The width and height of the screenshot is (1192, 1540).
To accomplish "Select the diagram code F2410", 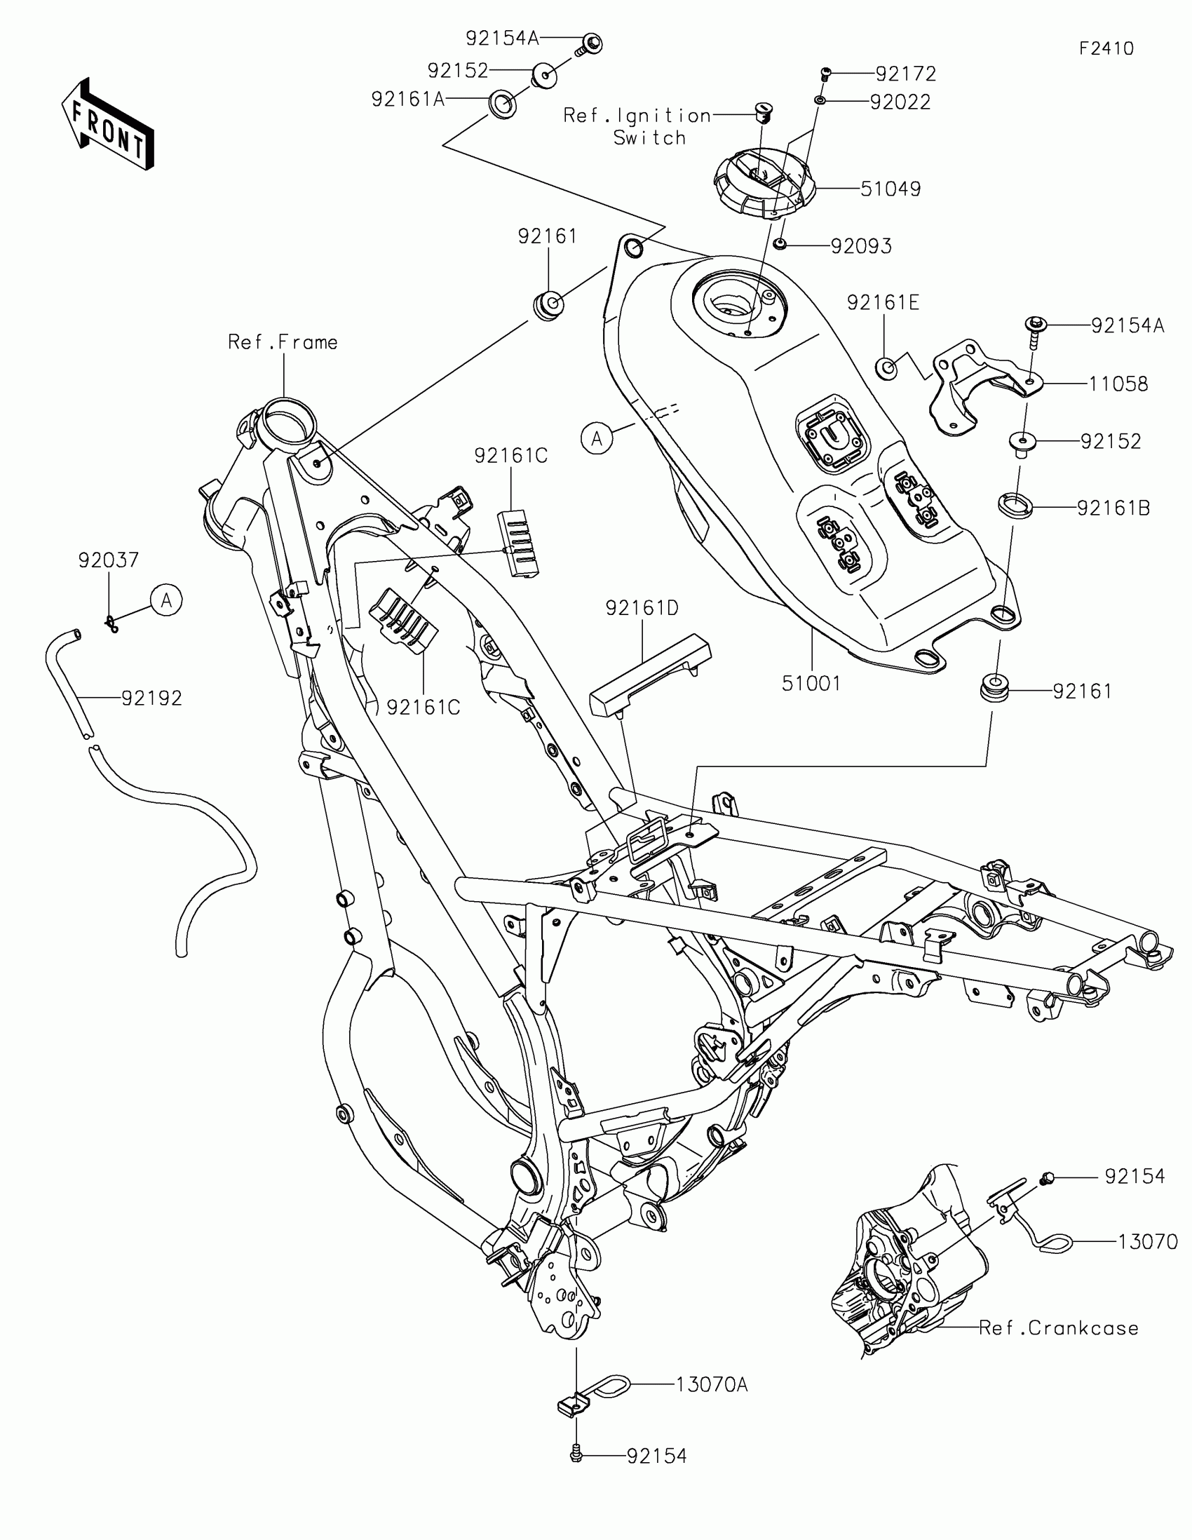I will point(1106,48).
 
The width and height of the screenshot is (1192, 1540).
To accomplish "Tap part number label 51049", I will point(890,189).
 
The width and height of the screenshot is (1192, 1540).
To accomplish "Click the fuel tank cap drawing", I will point(765,182).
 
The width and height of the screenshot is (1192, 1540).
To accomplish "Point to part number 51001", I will point(811,683).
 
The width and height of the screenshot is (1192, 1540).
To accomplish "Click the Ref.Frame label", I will point(283,343).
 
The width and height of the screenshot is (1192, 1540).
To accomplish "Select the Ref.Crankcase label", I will point(1058,1328).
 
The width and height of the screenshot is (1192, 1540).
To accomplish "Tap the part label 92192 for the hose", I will point(151,698).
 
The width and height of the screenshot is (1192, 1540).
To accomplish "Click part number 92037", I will point(109,560).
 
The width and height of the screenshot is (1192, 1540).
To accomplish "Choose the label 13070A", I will point(711,1385).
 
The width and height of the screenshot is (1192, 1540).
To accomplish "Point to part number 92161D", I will point(642,608).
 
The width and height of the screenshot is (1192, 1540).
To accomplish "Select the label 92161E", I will point(883,303).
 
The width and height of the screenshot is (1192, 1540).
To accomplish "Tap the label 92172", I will point(906,74).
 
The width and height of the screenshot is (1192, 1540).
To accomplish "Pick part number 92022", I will point(900,102).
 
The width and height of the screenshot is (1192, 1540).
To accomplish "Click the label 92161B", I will point(1113,508).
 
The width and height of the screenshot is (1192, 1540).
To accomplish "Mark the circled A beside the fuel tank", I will point(597,438).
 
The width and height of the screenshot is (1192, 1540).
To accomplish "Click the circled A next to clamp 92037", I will point(166,600).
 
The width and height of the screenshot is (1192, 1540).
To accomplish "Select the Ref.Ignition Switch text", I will point(638,126).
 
